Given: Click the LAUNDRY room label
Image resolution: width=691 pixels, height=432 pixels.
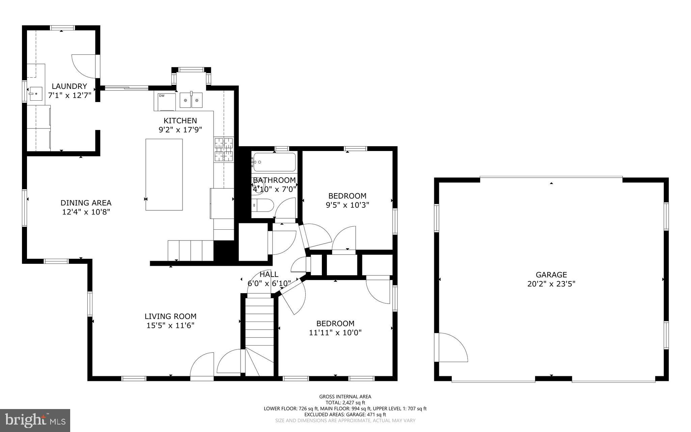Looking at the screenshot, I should pyautogui.click(x=69, y=86).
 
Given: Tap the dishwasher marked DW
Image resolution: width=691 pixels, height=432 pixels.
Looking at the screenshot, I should pyautogui.click(x=165, y=101).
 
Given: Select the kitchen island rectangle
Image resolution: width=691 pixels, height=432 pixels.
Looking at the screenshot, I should pyautogui.click(x=164, y=175).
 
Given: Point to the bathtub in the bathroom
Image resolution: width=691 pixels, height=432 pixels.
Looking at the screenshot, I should pyautogui.click(x=274, y=162).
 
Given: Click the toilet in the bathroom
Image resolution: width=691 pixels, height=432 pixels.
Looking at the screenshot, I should pyautogui.click(x=264, y=205).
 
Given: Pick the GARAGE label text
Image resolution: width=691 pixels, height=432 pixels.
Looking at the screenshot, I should pyautogui.click(x=551, y=275).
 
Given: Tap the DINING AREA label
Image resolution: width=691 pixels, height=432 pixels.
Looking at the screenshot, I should pyautogui.click(x=86, y=203).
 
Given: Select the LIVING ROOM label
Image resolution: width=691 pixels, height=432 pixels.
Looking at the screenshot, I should pyautogui.click(x=170, y=316).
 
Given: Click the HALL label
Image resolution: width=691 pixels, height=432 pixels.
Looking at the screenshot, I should pyautogui.click(x=269, y=274).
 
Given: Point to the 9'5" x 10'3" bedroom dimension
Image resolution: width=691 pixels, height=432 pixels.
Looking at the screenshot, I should pyautogui.click(x=347, y=205).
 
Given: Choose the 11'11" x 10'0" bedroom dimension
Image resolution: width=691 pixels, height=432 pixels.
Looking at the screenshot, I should pyautogui.click(x=335, y=333).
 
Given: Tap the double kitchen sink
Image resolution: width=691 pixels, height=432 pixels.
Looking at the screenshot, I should pyautogui.click(x=191, y=100).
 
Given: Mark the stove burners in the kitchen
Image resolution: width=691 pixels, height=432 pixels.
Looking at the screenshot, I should pyautogui.click(x=224, y=149).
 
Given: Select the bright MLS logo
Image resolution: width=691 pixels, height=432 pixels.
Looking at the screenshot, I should pyautogui.click(x=35, y=420).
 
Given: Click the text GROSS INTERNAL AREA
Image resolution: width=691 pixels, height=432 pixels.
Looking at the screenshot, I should pyautogui.click(x=345, y=397).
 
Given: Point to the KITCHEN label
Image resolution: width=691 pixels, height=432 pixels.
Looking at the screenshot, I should pyautogui.click(x=180, y=121).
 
